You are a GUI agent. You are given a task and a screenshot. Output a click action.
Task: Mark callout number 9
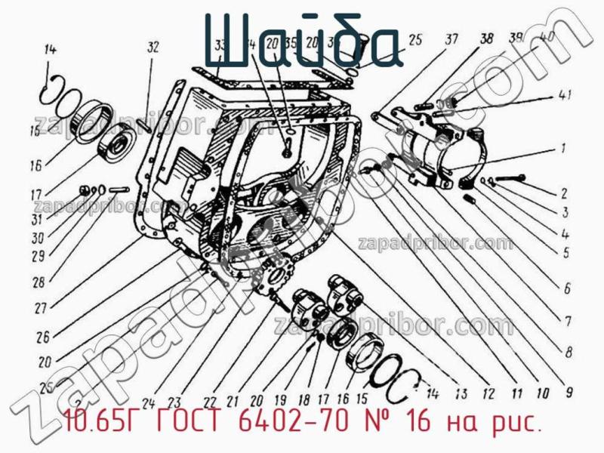point(569,392)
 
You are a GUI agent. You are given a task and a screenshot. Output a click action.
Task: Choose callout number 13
point(460,393)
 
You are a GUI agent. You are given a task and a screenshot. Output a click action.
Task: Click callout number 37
point(451,40)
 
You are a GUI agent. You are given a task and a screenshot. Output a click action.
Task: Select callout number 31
point(36,220)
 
